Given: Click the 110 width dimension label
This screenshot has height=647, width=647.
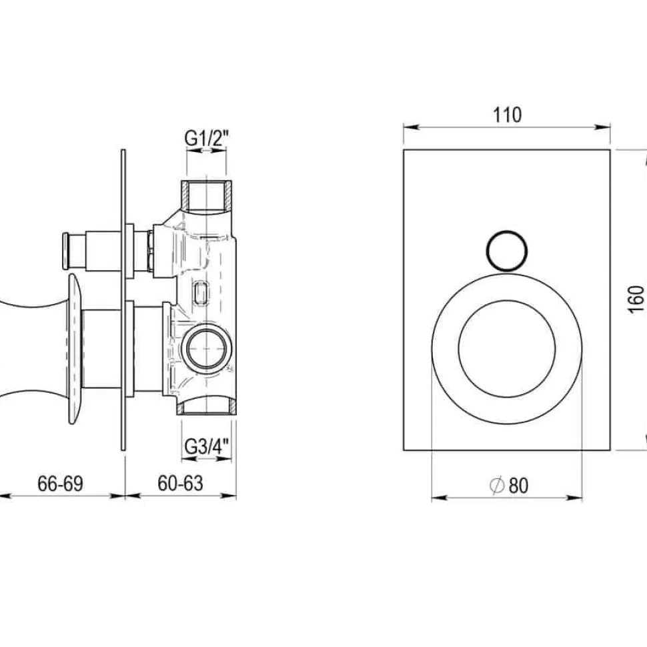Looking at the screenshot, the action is tap(507, 115).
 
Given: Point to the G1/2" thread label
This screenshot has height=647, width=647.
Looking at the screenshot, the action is tap(206, 139).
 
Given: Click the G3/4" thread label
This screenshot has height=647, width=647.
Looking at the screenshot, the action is tap(206, 446).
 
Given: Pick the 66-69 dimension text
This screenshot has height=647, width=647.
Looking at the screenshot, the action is tap(60, 483).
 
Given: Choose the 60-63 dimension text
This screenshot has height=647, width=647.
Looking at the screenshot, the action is tap(180, 483).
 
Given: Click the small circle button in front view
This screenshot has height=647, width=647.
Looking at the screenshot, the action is tap(507, 251).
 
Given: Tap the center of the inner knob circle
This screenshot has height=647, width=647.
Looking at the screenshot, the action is tap(507, 349).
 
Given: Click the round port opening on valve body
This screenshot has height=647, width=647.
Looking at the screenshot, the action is tap(206, 348).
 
